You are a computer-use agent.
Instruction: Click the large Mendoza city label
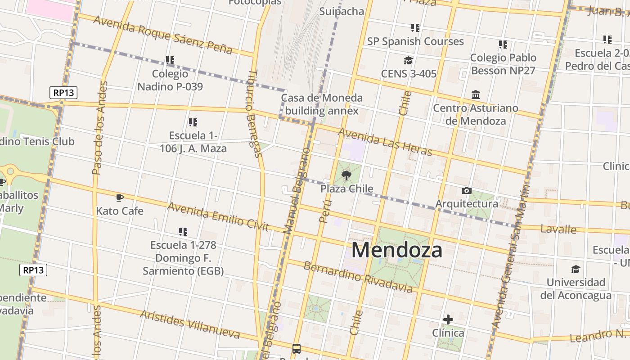(x=397, y=250)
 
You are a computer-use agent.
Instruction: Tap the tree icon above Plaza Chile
(x=346, y=175)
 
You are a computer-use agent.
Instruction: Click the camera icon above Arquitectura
(x=467, y=190)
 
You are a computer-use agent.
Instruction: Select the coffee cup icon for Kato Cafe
(x=119, y=198)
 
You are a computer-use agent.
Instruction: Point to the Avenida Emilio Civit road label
(x=218, y=216)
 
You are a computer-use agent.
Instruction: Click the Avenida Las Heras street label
(x=385, y=141)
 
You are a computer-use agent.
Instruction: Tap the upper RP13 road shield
(x=63, y=93)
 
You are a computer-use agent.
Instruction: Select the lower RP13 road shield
(x=34, y=270)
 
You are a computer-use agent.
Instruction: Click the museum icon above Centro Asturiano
(x=476, y=94)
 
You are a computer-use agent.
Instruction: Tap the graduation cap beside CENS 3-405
(x=408, y=60)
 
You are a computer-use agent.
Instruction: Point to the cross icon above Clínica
(x=448, y=319)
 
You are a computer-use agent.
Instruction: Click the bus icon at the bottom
(x=297, y=348)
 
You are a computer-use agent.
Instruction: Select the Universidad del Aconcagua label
(x=576, y=289)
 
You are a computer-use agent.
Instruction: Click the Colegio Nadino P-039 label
(x=170, y=80)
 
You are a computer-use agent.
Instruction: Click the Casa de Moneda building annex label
(x=322, y=104)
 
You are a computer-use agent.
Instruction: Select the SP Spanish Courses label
(x=415, y=41)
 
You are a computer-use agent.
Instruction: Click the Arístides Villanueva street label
(x=190, y=324)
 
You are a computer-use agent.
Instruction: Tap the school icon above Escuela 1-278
(x=183, y=232)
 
